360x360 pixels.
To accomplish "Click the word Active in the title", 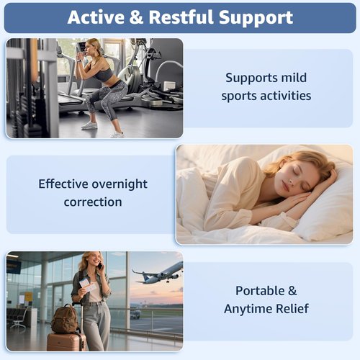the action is [96, 17].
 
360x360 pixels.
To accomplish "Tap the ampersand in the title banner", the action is [136, 17].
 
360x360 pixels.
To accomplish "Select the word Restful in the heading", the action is [181, 17].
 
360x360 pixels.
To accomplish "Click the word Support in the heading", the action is [256, 18].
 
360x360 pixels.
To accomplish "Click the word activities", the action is [286, 96].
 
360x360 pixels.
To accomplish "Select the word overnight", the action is [120, 184].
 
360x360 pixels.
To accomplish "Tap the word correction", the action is [93, 202].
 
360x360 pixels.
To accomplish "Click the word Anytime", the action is [248, 309].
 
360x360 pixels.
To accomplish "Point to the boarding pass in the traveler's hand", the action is [87, 284].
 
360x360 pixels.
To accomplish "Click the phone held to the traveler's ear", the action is [100, 266].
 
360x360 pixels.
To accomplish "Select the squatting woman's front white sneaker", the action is [89, 125].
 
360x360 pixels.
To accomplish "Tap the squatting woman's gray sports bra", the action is [103, 73].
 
